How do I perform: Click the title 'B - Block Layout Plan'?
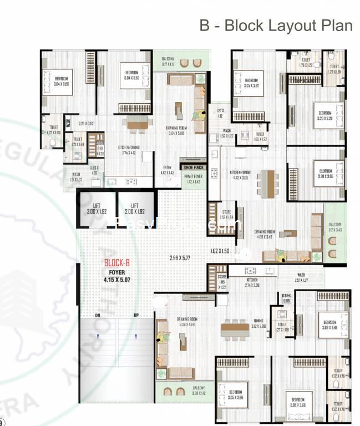point(276,26)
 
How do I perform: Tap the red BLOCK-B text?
point(117,263)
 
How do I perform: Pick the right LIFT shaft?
point(136,209)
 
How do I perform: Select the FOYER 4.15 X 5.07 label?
point(117,277)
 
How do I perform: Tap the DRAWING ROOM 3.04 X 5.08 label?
point(175,130)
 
